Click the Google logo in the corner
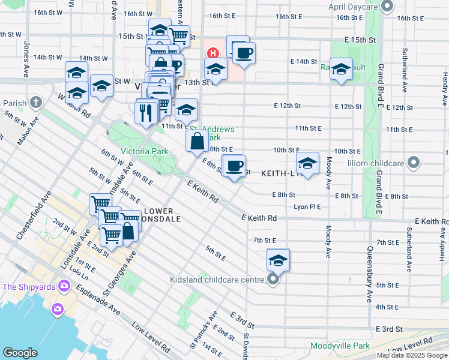pyautogui.click(x=20, y=353)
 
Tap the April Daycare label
pyautogui.click(x=356, y=7)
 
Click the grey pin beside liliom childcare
pyautogui.click(x=413, y=162)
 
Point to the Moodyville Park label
pyautogui.click(x=340, y=346)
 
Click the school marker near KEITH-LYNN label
pyautogui.click(x=307, y=164)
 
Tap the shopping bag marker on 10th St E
pyautogui.click(x=197, y=142)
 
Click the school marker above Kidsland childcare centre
pyautogui.click(x=278, y=260)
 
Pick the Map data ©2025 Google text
pyautogui.click(x=411, y=355)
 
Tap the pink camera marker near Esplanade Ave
pyautogui.click(x=57, y=308)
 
